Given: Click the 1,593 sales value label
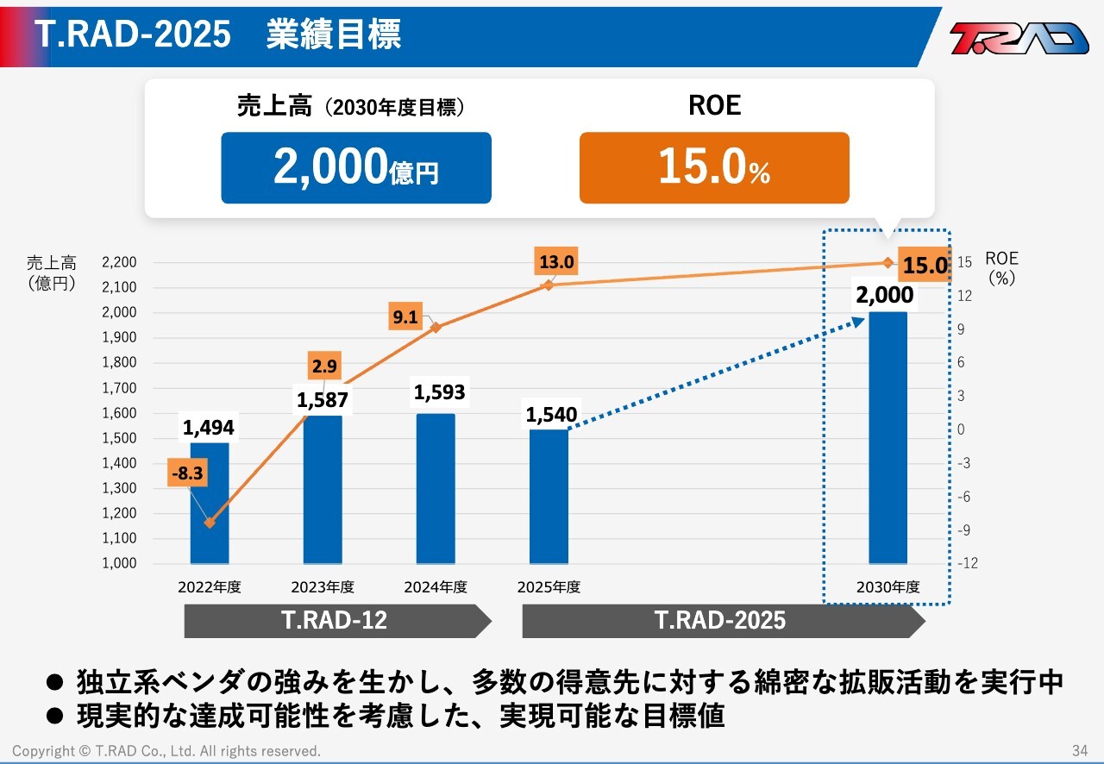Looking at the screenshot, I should coord(439,392).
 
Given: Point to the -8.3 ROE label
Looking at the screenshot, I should coord(187,473).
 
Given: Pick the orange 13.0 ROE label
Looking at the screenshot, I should coord(556,262).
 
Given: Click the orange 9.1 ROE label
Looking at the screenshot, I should coord(405,317).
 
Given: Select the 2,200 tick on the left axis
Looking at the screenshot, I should coord(119,262).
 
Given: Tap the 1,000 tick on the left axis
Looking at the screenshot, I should coord(119,563).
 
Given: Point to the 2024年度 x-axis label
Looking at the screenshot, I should coord(436,587).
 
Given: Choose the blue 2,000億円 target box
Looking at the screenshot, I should coord(356,167).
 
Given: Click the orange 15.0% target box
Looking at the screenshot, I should coord(714,167).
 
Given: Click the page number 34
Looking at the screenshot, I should coord(1080,750).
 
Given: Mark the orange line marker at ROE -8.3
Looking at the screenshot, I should coord(210,523).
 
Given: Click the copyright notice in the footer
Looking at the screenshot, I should coord(166,751).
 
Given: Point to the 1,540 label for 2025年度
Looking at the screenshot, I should coord(551,416).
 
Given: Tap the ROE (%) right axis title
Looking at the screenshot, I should coord(1001,267).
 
